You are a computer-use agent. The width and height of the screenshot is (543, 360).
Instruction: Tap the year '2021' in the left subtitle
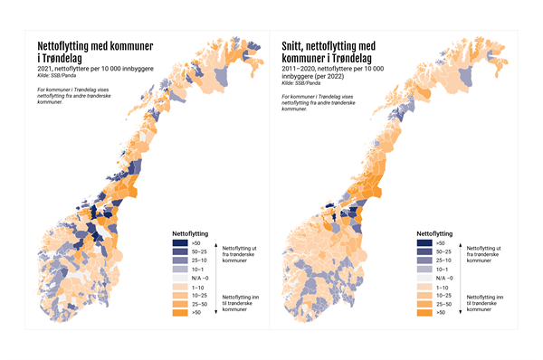[45, 69]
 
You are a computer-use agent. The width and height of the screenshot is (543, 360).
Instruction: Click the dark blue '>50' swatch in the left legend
[180, 242]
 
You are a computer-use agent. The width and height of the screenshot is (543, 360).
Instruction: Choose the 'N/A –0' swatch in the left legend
[180, 278]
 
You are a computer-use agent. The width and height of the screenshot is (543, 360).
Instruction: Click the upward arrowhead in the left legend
[218, 241]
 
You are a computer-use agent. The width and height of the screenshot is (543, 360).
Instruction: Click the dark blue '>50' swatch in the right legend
[424, 242]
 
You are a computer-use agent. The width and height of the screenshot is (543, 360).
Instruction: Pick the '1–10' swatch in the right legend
[424, 287]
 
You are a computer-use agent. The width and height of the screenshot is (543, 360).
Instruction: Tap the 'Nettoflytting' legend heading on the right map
[436, 232]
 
